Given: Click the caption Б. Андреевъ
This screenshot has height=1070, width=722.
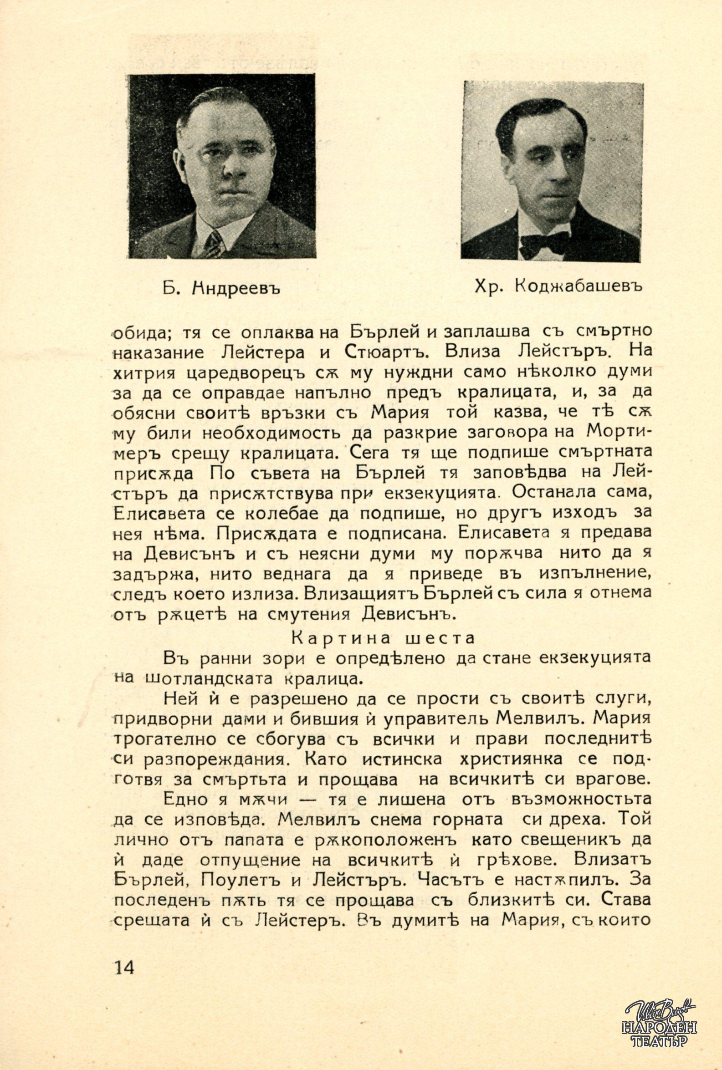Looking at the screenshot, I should coord(221,289).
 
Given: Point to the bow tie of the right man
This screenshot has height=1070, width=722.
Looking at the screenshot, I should coord(544,243).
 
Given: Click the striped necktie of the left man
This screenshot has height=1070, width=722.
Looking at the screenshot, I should coord(214,244).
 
